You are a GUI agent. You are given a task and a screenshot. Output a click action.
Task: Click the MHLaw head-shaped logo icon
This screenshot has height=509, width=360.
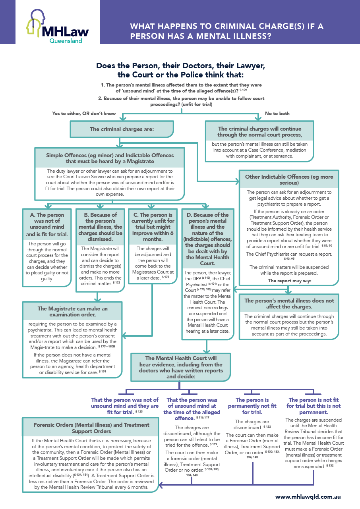[35, 23]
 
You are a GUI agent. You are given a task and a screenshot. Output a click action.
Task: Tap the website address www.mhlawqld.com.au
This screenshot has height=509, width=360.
[308, 496]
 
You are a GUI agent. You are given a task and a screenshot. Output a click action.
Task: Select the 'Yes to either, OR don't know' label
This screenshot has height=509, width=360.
[84, 114]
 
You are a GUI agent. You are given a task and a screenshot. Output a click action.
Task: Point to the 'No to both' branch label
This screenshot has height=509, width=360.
[277, 114]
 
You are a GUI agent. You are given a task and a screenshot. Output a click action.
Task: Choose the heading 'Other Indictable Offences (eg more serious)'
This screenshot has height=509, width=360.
[289, 179]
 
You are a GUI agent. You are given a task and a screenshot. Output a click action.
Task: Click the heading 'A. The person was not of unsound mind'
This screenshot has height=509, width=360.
[47, 224]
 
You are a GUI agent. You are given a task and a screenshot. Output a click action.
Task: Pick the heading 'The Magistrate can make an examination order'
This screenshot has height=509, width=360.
[73, 312]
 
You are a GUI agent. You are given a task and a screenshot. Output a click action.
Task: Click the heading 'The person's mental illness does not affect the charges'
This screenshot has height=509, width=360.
[289, 304]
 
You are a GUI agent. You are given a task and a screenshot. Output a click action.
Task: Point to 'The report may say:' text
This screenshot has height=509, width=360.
[289, 281]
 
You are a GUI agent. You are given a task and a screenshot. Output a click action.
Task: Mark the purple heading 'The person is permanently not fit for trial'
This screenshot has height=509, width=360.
[252, 406]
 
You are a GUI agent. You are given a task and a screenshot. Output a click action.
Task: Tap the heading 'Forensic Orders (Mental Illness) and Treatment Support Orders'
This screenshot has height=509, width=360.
[91, 428]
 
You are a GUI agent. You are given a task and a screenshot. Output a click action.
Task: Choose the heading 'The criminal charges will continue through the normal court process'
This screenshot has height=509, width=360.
[259, 131]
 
